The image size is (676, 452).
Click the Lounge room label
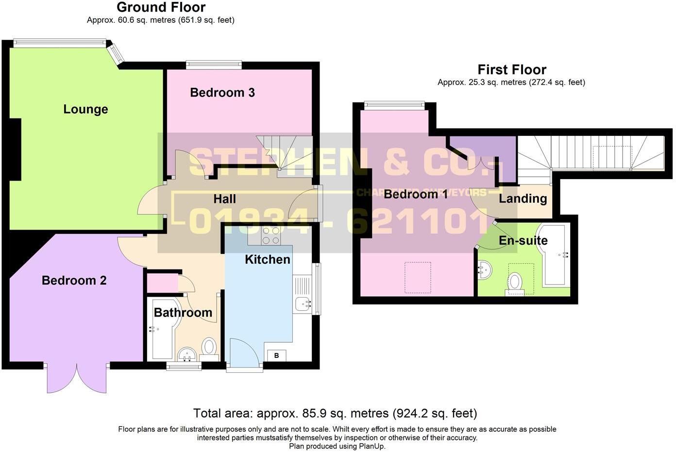click(85, 109)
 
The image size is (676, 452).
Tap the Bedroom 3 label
click(222, 92)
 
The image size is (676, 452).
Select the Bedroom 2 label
click(74, 280)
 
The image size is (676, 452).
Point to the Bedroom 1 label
click(416, 194)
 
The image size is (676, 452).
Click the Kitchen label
click(267, 259)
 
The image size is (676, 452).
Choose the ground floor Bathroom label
click(183, 312)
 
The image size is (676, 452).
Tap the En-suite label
click(523, 240)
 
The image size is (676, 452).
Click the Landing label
click(523, 198)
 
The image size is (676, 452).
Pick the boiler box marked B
click(276, 355)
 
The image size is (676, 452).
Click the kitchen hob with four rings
click(270, 235)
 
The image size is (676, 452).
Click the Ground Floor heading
click(161, 7)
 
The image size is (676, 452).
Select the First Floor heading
click(511, 69)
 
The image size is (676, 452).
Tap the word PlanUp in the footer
click(372, 446)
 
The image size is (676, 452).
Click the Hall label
click(224, 199)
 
